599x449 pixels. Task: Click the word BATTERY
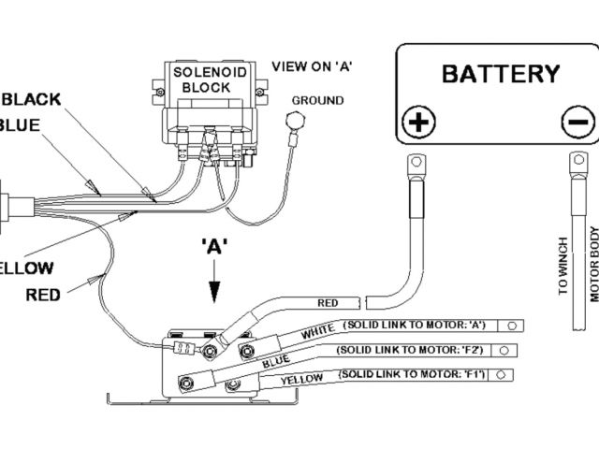click(500, 74)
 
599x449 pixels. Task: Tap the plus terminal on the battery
click(418, 122)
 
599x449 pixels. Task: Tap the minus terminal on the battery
click(577, 122)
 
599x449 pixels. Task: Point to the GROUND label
click(317, 101)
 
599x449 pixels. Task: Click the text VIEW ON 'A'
click(311, 66)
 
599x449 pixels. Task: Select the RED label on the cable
click(328, 303)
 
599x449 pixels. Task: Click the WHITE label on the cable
click(318, 331)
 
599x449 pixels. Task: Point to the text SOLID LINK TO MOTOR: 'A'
click(416, 324)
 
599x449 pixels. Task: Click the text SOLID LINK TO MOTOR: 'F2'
click(410, 349)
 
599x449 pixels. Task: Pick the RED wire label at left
click(43, 295)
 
